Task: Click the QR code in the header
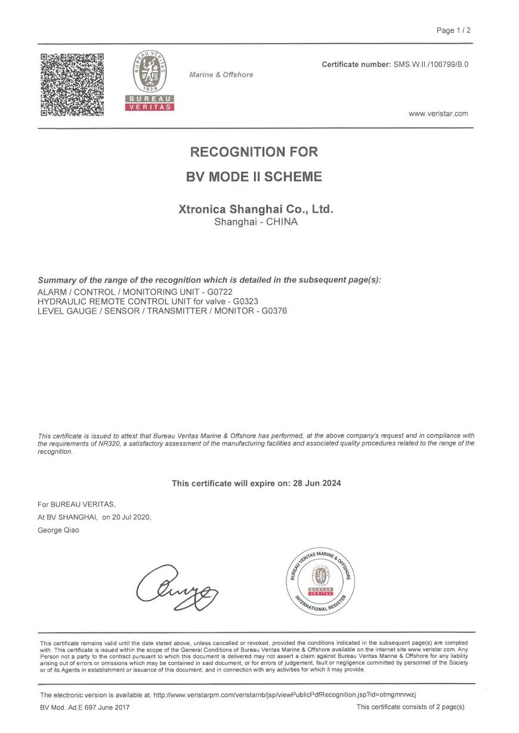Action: tap(72, 85)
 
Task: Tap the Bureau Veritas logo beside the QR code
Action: tap(149, 81)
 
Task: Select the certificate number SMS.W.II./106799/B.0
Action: tap(431, 64)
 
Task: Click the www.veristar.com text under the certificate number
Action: tap(438, 114)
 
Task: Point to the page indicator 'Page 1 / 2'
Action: tap(453, 30)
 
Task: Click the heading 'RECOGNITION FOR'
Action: tap(254, 151)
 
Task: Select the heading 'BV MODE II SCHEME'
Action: tap(254, 177)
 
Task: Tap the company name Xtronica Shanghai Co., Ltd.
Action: tap(256, 209)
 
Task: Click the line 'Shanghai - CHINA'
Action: tap(255, 222)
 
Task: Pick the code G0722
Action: tap(220, 292)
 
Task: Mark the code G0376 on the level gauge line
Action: tap(274, 311)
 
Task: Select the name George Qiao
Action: tap(58, 530)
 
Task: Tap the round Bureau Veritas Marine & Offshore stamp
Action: tap(320, 579)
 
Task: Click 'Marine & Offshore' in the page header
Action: tap(221, 75)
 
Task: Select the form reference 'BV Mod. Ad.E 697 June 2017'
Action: tap(84, 707)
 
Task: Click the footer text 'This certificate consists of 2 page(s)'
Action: tap(410, 707)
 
